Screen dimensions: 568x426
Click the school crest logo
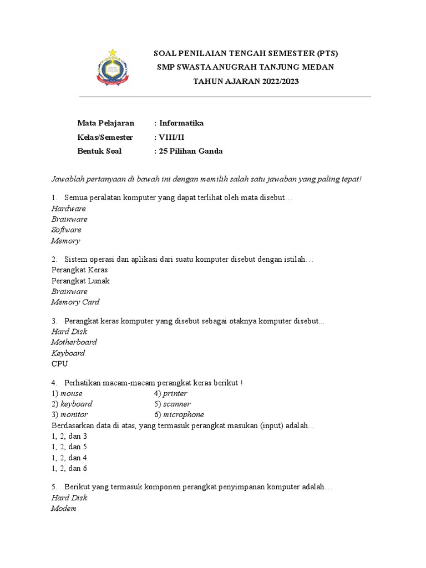113,68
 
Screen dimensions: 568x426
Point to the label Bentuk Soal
99,151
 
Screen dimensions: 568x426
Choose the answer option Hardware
68,209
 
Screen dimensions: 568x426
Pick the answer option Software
66,230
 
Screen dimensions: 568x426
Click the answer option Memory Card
75,302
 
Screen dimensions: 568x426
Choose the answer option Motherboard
74,342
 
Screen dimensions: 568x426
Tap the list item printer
175,393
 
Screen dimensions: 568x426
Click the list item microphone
183,414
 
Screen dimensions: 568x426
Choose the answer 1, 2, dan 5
69,447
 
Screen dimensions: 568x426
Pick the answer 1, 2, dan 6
69,468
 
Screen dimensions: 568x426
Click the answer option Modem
63,508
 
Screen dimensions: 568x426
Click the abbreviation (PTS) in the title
327,53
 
